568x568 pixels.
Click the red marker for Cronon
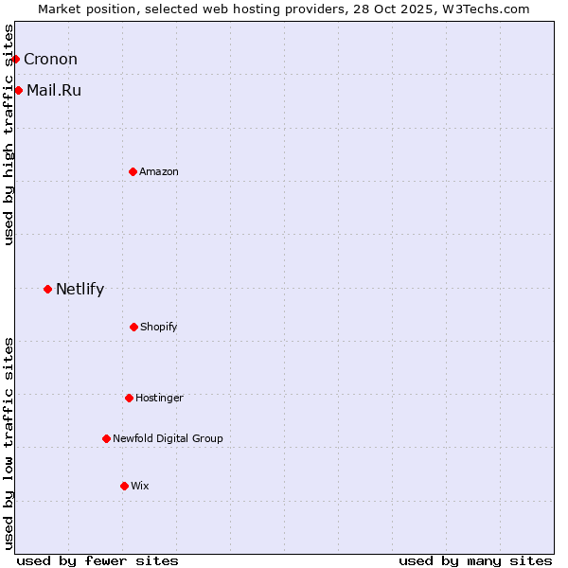(15, 59)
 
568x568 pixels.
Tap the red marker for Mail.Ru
(18, 90)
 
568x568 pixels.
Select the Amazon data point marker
(133, 171)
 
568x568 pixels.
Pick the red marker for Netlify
(47, 289)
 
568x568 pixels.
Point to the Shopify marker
(133, 327)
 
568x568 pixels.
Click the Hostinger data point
(129, 398)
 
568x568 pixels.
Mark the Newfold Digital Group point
(106, 438)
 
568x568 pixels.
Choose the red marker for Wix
(124, 486)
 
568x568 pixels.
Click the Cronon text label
(50, 59)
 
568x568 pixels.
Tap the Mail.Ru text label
(54, 91)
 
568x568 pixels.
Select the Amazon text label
(159, 171)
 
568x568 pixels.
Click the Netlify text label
(80, 290)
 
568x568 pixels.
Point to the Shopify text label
(159, 327)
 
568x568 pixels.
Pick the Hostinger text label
(159, 398)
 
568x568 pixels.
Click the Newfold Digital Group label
(168, 438)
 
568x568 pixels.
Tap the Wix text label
(140, 486)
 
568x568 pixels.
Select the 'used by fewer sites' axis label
(98, 560)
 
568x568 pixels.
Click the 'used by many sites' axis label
(475, 560)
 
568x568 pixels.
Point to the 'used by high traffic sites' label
(9, 134)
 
